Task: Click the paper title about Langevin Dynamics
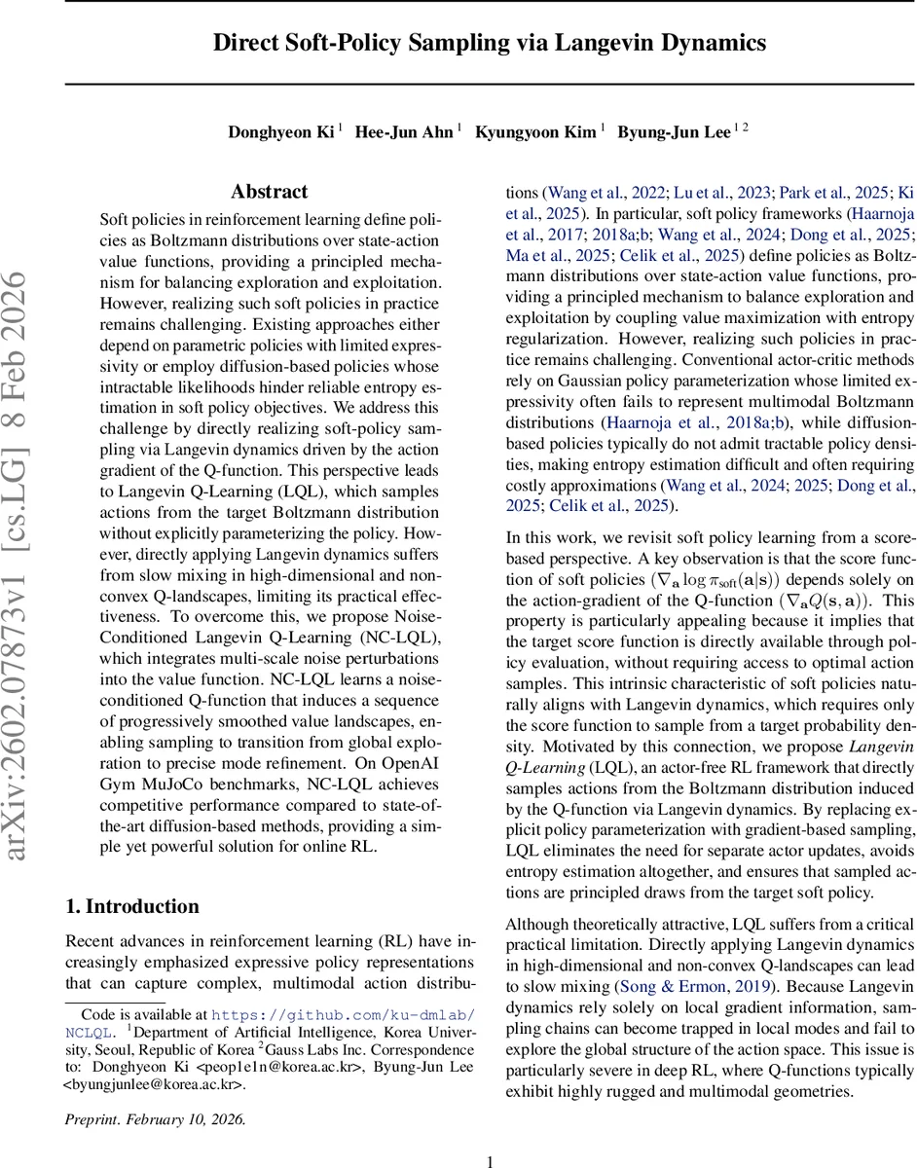coord(490,44)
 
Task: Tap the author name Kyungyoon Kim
coord(535,132)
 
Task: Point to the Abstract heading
coord(270,192)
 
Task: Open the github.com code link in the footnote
coord(344,1013)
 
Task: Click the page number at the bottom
coord(491,1160)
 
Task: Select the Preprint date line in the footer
coord(156,1119)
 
